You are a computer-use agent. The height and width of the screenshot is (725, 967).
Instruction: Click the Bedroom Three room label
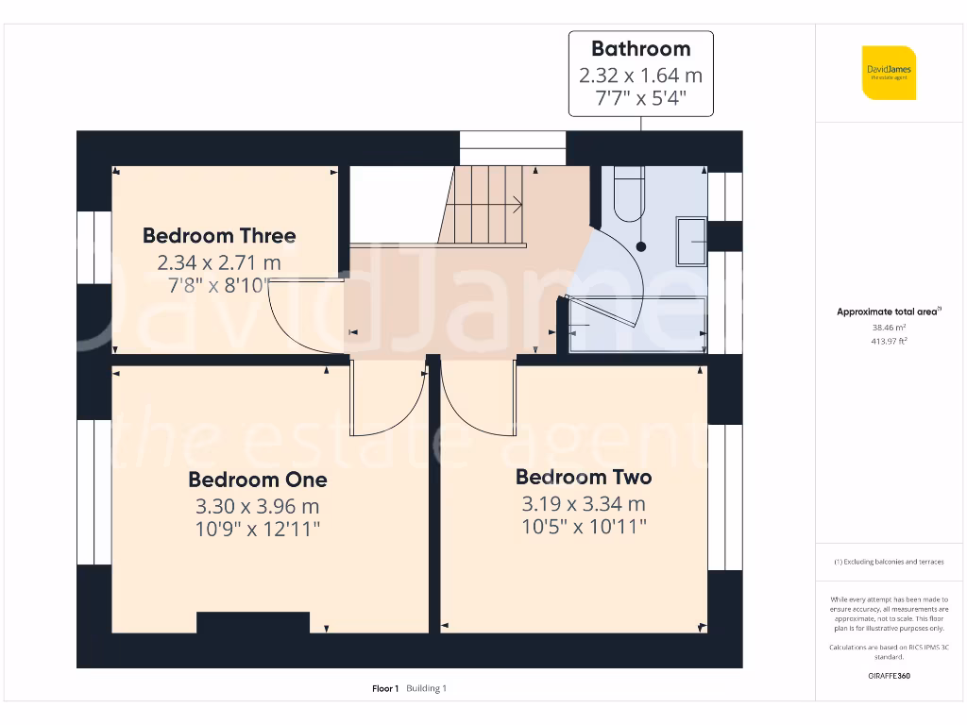219,236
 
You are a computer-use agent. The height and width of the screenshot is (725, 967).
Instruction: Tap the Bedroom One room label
258,480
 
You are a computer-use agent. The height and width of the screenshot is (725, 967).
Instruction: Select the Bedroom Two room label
584,477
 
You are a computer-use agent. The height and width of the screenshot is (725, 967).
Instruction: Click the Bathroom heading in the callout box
640,49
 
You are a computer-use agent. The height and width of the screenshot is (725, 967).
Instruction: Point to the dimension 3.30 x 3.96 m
258,506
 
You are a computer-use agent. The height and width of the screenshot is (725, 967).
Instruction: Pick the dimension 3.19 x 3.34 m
584,503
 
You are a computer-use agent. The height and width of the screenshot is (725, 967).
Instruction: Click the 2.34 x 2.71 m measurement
219,262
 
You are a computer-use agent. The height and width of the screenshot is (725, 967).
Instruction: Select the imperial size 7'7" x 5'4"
640,97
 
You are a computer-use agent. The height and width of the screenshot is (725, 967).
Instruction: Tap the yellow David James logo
888,73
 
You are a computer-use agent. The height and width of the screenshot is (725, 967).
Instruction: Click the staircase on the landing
486,204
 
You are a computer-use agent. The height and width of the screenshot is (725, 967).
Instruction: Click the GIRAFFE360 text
888,676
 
